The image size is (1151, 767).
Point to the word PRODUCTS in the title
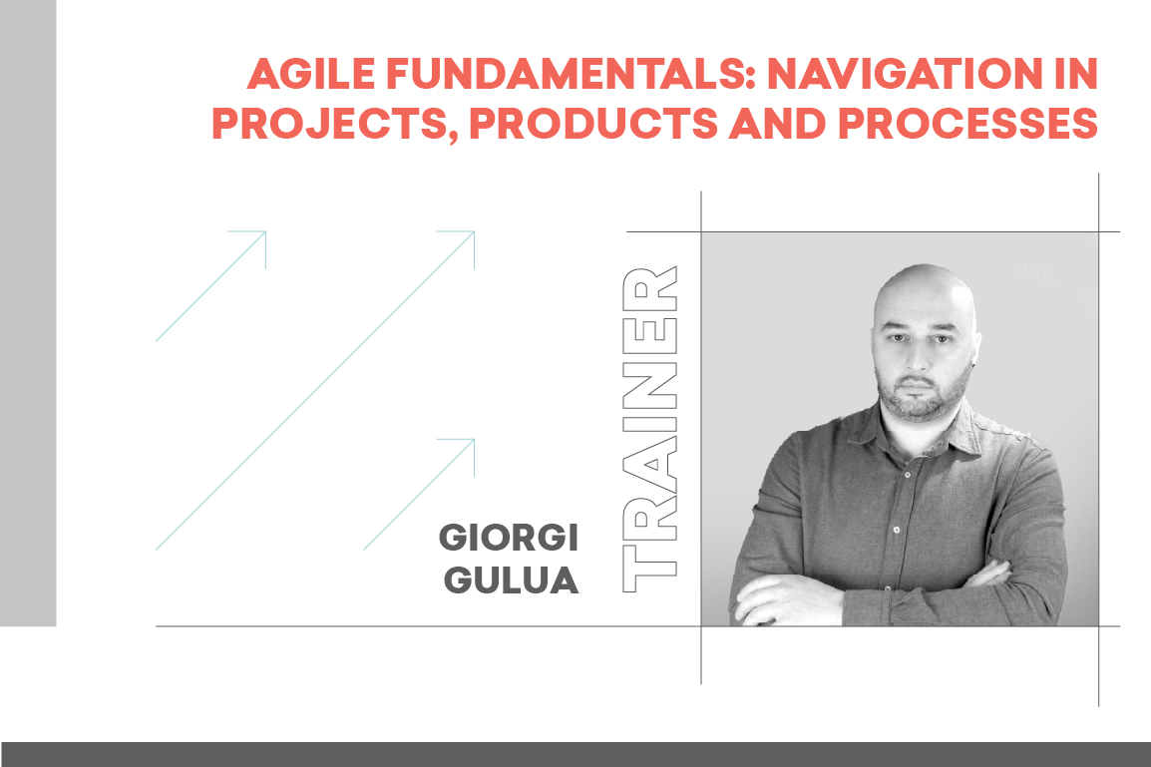pos(593,124)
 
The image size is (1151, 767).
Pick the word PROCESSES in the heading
pos(968,124)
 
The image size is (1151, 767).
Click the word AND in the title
pos(778,124)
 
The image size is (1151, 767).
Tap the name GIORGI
pos(509,538)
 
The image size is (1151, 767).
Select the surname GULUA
pos(512,579)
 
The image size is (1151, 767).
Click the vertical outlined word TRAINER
pos(649,429)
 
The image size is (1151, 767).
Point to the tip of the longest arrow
pos(474,232)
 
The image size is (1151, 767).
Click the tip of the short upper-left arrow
pos(265,232)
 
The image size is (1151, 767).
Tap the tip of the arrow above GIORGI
pos(474,440)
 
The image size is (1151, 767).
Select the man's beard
pos(922,396)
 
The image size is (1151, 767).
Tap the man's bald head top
pos(924,275)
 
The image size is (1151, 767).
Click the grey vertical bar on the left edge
pos(28,313)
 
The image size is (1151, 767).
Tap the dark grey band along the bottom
pos(575,754)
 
